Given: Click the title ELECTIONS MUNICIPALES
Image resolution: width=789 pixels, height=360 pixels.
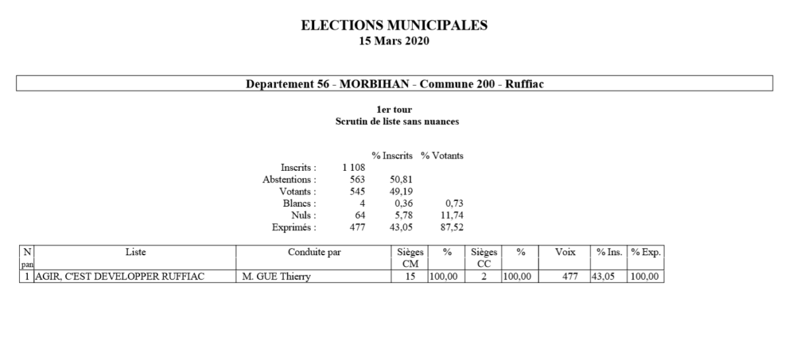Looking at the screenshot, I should tap(394, 27).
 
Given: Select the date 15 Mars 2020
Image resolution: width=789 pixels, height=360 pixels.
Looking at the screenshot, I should tap(394, 40).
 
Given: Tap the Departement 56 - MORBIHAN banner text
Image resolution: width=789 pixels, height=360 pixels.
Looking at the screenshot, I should tap(394, 84).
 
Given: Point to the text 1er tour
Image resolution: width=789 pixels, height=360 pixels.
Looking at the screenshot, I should tap(394, 110).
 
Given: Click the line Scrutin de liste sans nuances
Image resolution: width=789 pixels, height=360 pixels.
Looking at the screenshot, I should tap(394, 121).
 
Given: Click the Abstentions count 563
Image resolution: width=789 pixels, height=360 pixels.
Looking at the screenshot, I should tap(356, 180).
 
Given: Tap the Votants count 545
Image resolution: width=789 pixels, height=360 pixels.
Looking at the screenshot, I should tap(356, 191).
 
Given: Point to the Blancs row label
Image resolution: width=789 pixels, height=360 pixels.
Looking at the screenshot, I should tap(299, 203).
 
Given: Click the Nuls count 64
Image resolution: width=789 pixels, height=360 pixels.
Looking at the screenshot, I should tap(359, 215).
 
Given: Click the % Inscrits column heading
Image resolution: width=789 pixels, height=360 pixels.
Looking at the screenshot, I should tap(392, 156).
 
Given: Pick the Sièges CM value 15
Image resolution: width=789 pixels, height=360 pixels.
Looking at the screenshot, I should tap(409, 276).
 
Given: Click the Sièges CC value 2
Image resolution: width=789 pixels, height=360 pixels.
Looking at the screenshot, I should tap(482, 276).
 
